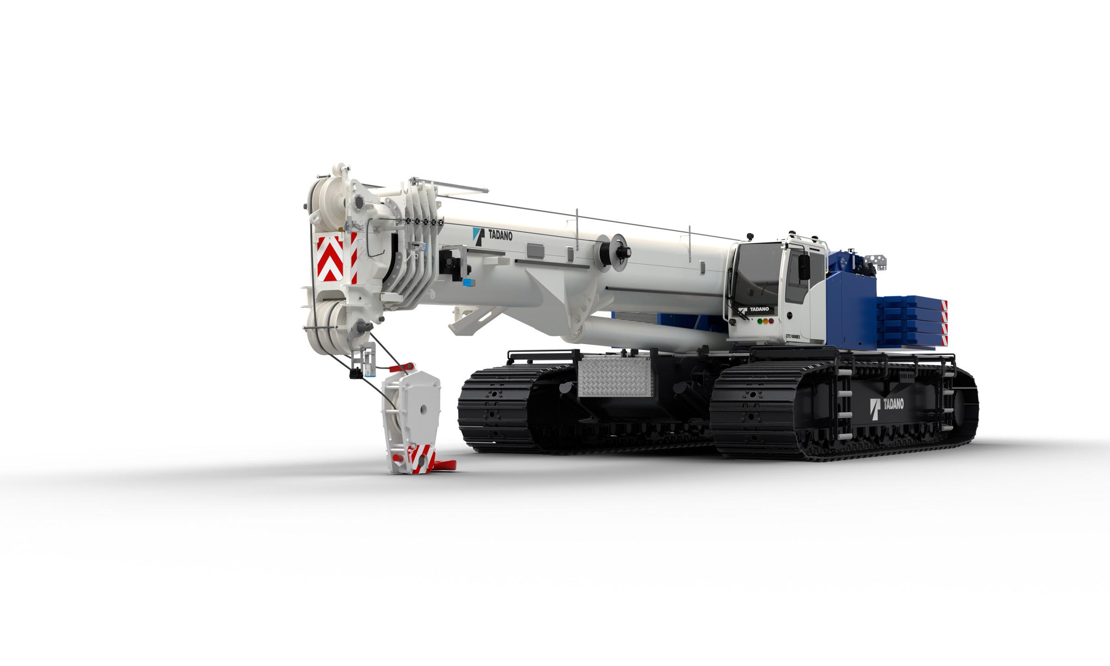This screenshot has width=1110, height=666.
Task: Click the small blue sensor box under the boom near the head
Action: pos(468,282)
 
